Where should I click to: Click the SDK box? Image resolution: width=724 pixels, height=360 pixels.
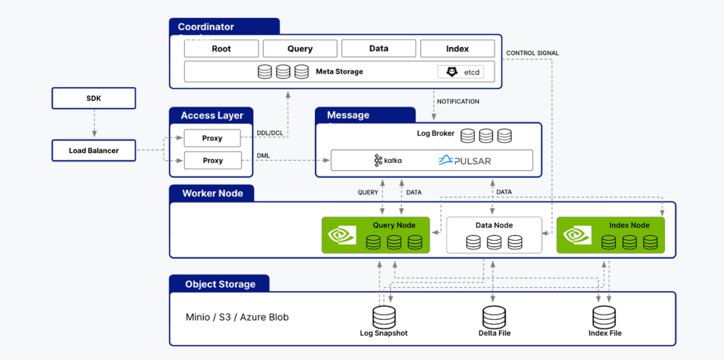click(94, 99)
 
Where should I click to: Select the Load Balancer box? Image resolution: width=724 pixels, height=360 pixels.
click(94, 150)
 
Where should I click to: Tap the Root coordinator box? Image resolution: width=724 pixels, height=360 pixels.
click(222, 48)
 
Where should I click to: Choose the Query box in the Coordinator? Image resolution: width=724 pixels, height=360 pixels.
click(300, 48)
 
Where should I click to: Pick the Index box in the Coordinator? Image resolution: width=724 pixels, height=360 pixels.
click(458, 48)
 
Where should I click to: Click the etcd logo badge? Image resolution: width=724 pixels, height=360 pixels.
click(461, 72)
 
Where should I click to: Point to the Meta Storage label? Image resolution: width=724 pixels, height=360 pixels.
click(339, 72)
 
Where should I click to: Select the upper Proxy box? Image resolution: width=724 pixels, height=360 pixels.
click(213, 138)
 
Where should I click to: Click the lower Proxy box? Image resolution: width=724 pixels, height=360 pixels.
click(213, 161)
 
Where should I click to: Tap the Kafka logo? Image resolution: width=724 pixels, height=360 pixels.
click(388, 160)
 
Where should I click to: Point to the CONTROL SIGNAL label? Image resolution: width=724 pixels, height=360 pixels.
click(532, 53)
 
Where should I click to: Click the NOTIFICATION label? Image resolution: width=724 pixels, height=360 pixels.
click(458, 101)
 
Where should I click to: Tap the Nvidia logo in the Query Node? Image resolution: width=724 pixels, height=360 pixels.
click(342, 235)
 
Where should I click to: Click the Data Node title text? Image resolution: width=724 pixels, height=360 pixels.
click(494, 225)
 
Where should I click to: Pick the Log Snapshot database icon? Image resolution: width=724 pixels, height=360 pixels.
click(383, 317)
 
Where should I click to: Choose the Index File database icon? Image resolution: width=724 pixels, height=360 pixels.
click(605, 317)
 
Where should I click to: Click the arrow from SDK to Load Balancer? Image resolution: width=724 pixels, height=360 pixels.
click(95, 123)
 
